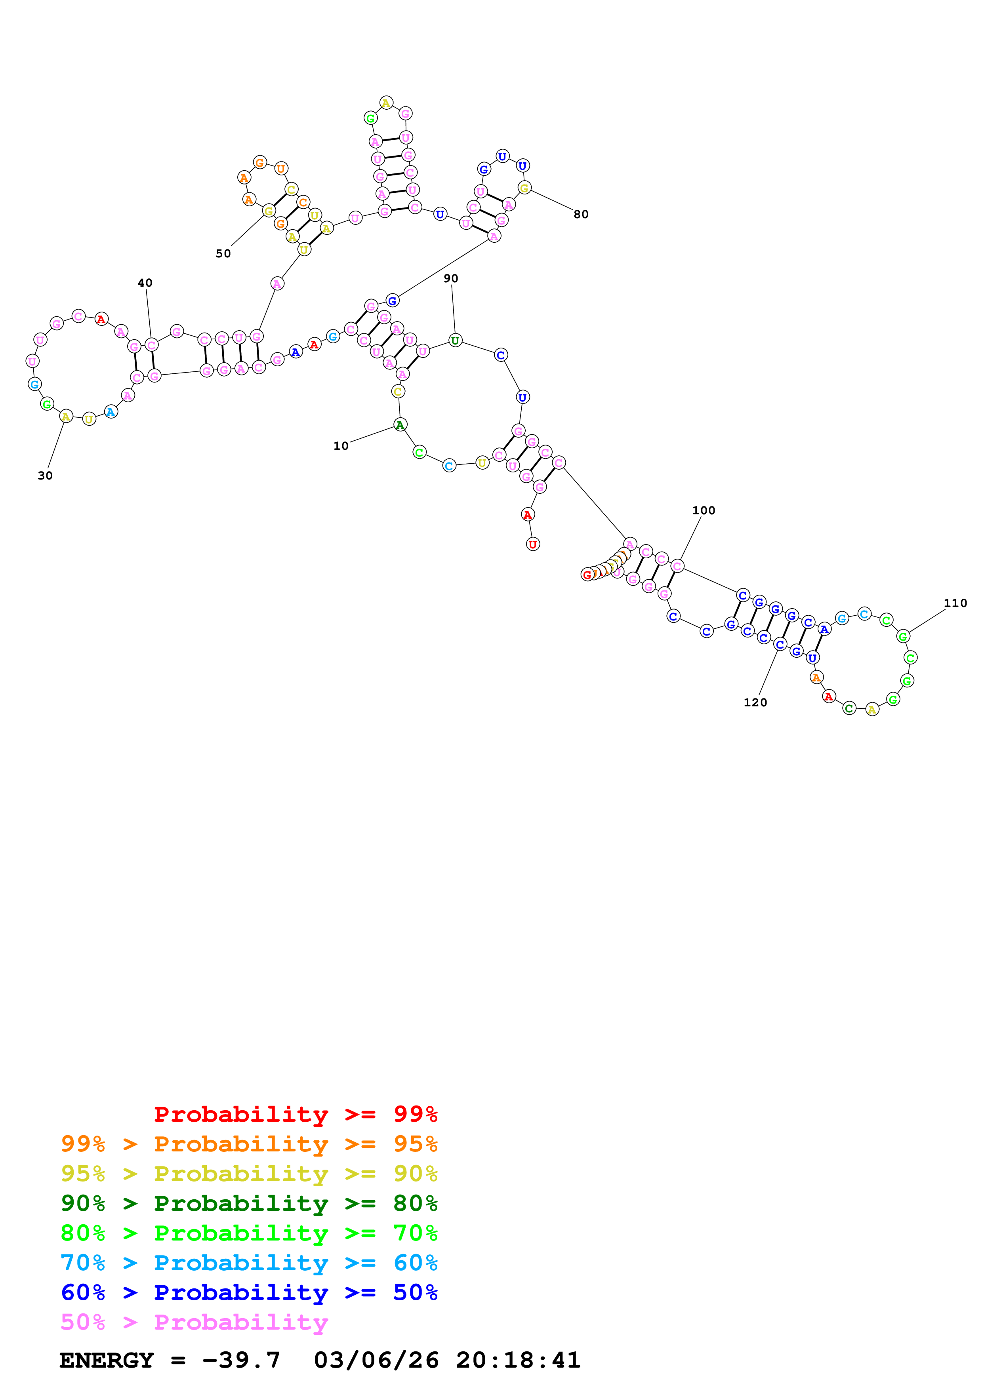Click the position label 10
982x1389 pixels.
coord(341,446)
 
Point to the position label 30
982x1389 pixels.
coord(45,476)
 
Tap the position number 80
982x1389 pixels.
coord(581,214)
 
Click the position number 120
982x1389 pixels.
coord(755,702)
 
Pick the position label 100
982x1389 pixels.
coord(704,510)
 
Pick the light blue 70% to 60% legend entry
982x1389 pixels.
coord(249,1263)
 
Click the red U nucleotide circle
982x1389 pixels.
coord(532,544)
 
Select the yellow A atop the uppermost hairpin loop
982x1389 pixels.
coord(386,103)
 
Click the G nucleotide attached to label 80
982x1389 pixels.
coord(524,188)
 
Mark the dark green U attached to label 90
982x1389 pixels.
coord(455,341)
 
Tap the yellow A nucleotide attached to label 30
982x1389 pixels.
coord(66,416)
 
